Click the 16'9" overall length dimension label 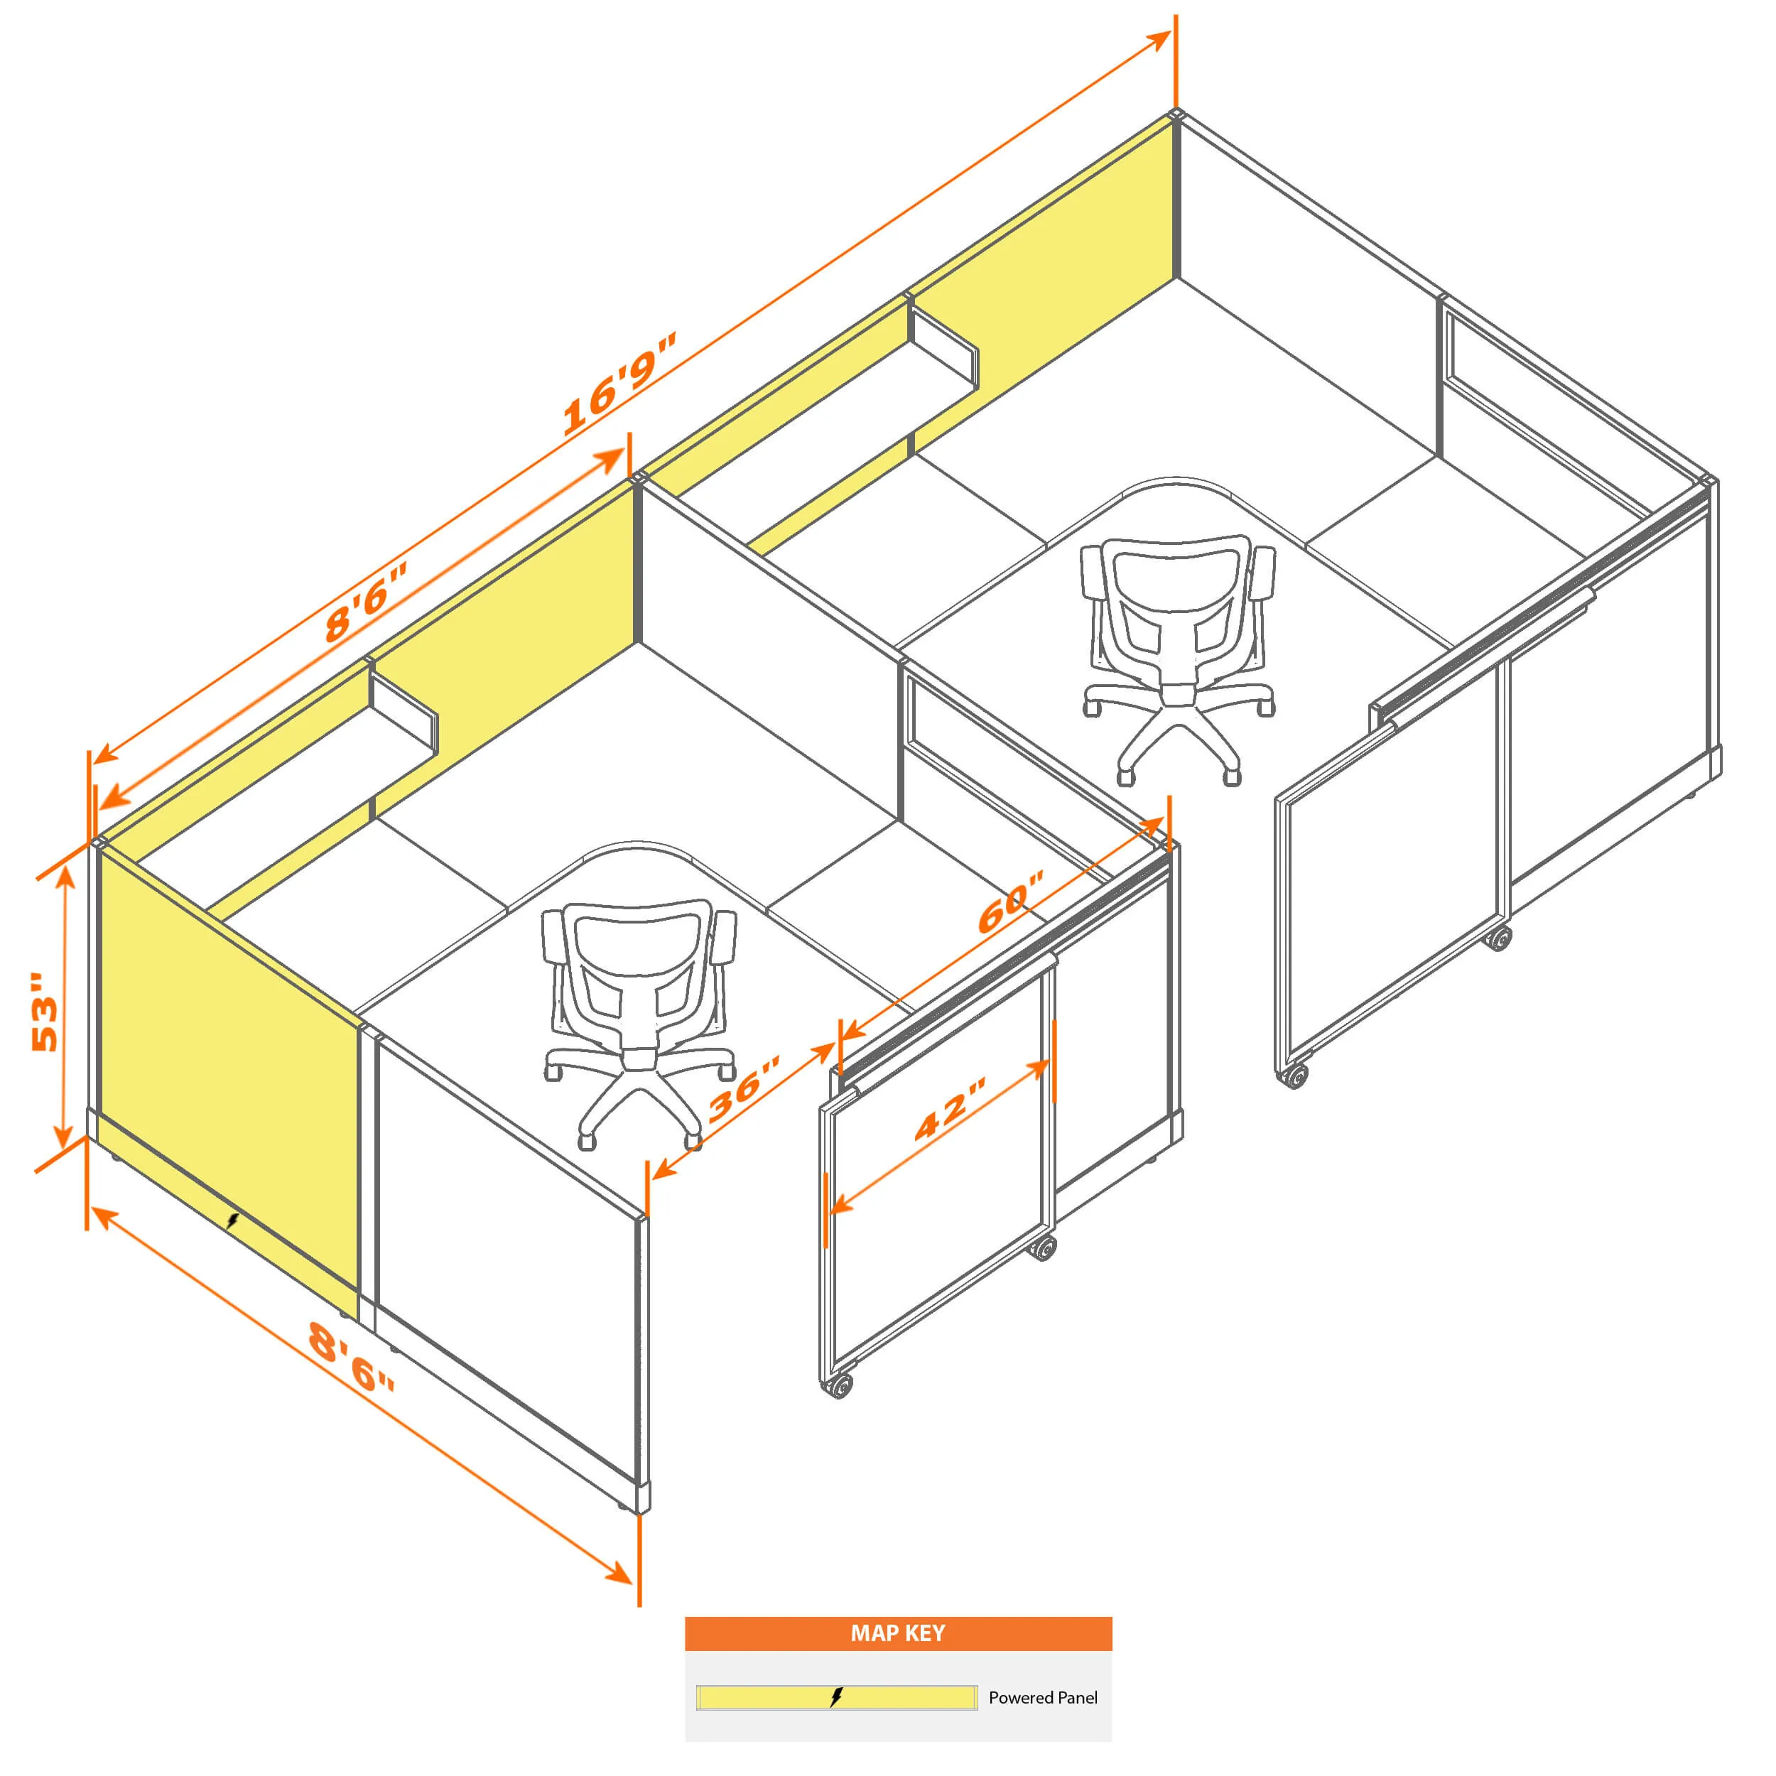618,384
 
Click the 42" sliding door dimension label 950,1109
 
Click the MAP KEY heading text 897,1632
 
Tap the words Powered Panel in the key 1042,1697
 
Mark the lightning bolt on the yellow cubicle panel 232,1220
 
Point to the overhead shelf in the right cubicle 943,353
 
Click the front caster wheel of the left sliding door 838,1385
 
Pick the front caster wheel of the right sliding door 1294,1076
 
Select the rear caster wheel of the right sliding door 1500,938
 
